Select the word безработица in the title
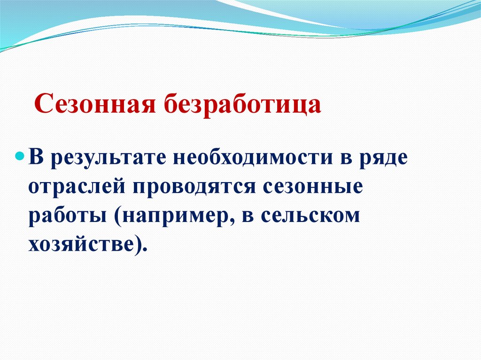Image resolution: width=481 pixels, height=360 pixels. (242, 104)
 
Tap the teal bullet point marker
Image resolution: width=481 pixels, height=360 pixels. (20, 155)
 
